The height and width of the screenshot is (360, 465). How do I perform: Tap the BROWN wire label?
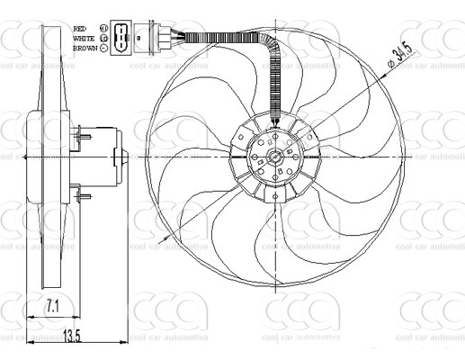pyautogui.click(x=86, y=48)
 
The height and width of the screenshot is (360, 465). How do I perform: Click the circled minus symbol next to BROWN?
pyautogui.click(x=104, y=48)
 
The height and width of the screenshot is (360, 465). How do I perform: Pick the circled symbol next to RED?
pyautogui.click(x=104, y=28)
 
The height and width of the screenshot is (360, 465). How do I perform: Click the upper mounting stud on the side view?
pyautogui.click(x=84, y=136)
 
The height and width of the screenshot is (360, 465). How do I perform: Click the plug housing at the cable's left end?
pyautogui.click(x=165, y=38)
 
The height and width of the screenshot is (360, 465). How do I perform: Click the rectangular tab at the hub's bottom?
pyautogui.click(x=274, y=202)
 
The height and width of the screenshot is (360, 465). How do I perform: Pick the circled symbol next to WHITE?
pyautogui.click(x=104, y=38)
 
